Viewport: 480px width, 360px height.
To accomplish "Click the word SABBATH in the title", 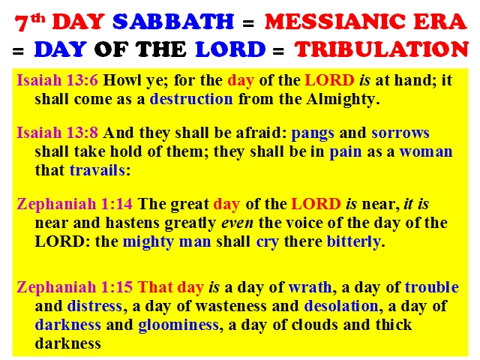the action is [173, 22].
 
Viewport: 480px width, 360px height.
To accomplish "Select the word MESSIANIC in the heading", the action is [336, 22].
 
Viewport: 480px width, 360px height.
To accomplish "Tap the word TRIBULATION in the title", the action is [382, 49].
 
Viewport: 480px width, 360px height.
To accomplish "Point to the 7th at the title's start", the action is [30, 22].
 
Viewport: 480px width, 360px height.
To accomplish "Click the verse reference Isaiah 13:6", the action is [57, 80].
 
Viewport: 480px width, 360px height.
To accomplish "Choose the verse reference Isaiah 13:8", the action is [57, 133].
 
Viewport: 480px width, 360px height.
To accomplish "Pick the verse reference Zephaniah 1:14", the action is [75, 204].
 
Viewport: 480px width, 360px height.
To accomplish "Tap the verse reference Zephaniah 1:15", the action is [75, 287].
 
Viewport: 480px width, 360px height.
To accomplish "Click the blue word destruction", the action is [191, 99].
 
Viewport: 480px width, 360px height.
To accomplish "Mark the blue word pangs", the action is [313, 133].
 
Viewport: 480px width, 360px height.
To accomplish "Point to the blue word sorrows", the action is [400, 133].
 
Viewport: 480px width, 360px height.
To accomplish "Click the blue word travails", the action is [97, 170].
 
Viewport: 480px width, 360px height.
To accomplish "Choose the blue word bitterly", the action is [353, 241].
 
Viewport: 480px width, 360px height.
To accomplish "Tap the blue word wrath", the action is [310, 287].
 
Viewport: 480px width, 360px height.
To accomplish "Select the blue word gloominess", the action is [178, 325].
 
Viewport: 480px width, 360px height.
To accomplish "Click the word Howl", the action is [120, 80].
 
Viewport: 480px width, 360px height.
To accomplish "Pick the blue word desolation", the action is [341, 306].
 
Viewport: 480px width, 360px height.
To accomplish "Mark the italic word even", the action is [237, 223].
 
